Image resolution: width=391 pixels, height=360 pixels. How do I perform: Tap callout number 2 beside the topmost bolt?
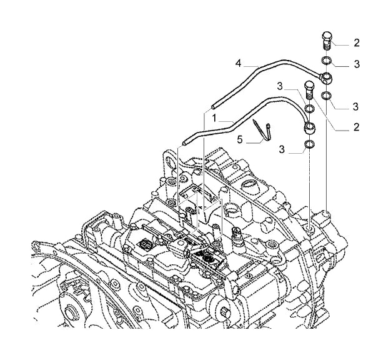click(357, 43)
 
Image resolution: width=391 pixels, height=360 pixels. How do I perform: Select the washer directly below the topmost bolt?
click(327, 61)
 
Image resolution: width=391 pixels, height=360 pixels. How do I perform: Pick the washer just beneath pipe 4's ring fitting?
click(327, 96)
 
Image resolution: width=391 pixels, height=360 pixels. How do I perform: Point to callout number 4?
click(239, 64)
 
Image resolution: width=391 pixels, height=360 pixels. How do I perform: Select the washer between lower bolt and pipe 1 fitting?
click(309, 109)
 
